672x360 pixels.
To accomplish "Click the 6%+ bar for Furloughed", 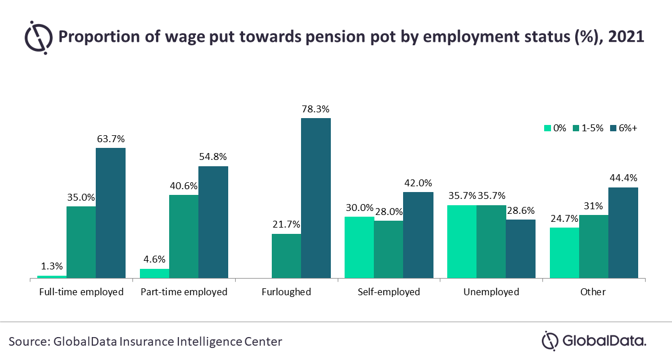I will tap(316, 198).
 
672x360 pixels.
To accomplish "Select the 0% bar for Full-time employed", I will tap(52, 277).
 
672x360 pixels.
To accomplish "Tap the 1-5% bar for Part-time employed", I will tap(183, 237).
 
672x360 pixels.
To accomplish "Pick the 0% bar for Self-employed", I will tap(359, 248).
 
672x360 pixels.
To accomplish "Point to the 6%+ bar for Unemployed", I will tap(521, 249).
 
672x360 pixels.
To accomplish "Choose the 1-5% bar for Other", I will tap(594, 247).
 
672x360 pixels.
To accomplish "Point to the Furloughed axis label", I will tap(286, 292).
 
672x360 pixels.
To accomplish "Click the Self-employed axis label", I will tap(389, 292).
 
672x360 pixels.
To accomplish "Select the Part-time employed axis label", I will tap(184, 292).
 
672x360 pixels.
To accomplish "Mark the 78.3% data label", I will tap(316, 109).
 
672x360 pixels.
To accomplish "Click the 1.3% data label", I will tap(52, 267).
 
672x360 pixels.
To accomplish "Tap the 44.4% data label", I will tap(623, 178).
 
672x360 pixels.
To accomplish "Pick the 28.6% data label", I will tap(521, 210).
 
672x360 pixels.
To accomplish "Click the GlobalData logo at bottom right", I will tap(594, 341).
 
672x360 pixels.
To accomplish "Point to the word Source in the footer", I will tap(26, 342).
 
